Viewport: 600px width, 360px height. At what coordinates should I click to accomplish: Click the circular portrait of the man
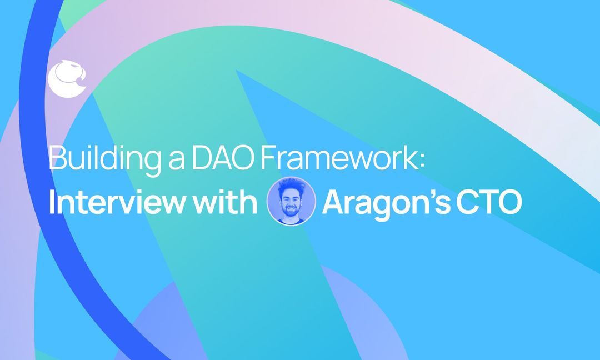tap(291, 201)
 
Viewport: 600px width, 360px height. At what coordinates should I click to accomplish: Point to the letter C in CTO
tap(477, 203)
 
